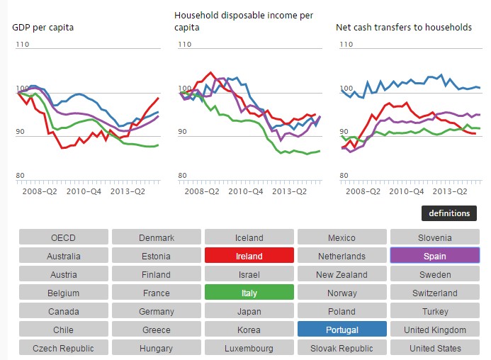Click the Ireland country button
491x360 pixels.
(x=249, y=257)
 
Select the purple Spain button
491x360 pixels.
(x=434, y=256)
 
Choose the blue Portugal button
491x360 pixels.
(x=342, y=330)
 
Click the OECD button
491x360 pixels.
(x=63, y=238)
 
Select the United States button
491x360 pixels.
(x=434, y=348)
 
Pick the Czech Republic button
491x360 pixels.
(x=63, y=348)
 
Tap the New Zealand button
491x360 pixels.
(x=342, y=275)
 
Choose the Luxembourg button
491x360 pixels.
(x=249, y=348)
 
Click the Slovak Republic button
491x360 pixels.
(x=342, y=348)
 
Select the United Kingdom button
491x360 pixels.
(x=434, y=330)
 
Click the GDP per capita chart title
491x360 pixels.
(x=43, y=28)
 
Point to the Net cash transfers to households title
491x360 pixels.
(x=404, y=28)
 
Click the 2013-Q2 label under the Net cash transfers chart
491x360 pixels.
(x=451, y=191)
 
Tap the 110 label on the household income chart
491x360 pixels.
(x=185, y=44)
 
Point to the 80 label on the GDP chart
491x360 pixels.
(x=21, y=176)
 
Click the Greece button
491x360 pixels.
(x=156, y=330)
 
